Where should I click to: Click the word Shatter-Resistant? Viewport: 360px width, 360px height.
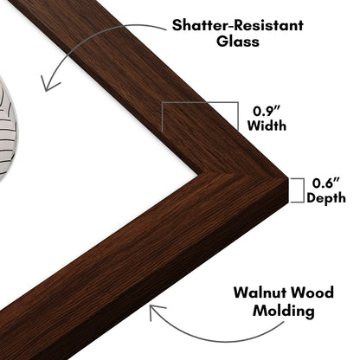pyautogui.click(x=237, y=25)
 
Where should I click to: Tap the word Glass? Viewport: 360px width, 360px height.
pyautogui.click(x=238, y=41)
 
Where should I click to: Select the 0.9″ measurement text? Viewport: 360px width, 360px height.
pyautogui.click(x=267, y=111)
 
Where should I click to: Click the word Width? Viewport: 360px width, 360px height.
pyautogui.click(x=267, y=125)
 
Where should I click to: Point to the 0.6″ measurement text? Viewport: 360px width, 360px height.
pyautogui.click(x=326, y=183)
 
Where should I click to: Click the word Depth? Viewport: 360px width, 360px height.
pyautogui.click(x=326, y=198)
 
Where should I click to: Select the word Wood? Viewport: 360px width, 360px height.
pyautogui.click(x=312, y=292)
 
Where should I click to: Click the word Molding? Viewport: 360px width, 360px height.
pyautogui.click(x=284, y=312)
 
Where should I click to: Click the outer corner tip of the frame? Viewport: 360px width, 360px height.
pyautogui.click(x=288, y=178)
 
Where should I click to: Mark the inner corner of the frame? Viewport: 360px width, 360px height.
pyautogui.click(x=198, y=175)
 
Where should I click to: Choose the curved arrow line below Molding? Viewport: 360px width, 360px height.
pyautogui.click(x=214, y=340)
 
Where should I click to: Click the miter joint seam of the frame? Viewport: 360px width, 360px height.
pyautogui.click(x=243, y=177)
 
